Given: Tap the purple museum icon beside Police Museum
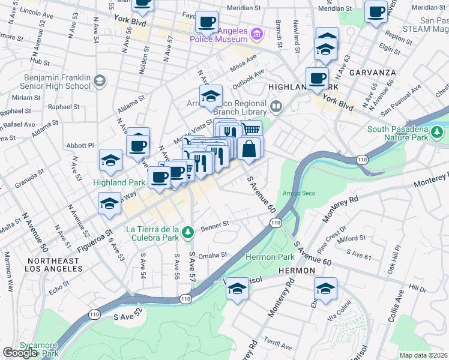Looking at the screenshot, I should point(257,33).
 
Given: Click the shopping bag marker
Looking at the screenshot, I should point(249,148).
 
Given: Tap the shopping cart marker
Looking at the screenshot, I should point(252,129).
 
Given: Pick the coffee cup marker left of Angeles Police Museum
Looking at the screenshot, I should point(206,22).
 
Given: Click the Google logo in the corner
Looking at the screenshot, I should point(20,353).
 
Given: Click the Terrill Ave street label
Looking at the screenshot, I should point(277,347).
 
